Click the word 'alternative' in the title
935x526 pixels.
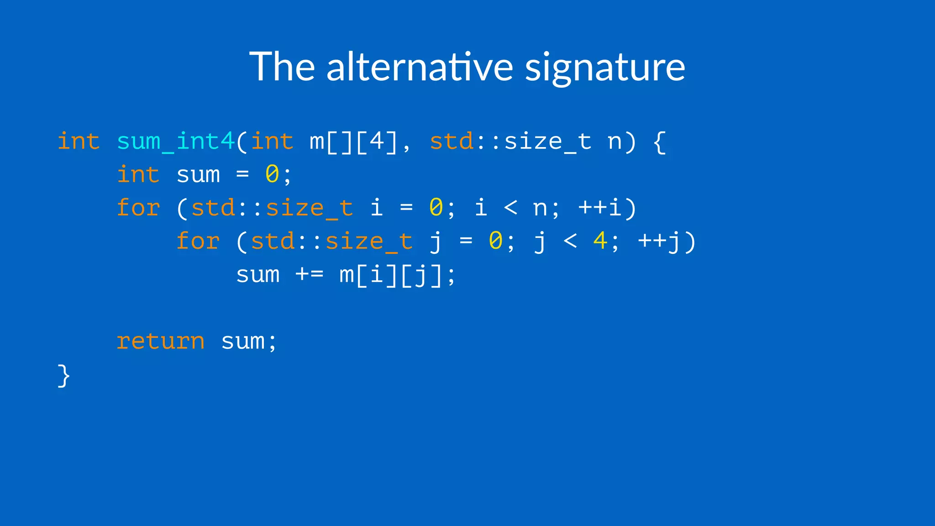tap(420, 67)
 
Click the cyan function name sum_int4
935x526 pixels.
tap(176, 141)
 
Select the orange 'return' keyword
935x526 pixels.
tap(160, 341)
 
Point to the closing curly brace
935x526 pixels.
tap(63, 375)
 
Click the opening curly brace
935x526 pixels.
tap(659, 142)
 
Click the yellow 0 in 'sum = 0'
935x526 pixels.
tap(272, 174)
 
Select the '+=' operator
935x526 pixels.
tap(310, 274)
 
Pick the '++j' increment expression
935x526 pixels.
tap(659, 241)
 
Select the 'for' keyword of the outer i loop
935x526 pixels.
tap(138, 208)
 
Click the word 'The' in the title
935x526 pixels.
tap(282, 67)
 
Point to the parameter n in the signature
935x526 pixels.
tap(615, 142)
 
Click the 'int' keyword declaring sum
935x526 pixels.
tap(138, 174)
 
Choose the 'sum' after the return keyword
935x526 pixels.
tap(243, 342)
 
